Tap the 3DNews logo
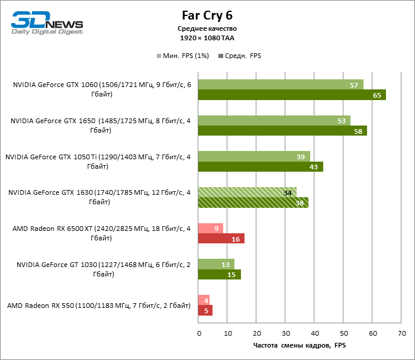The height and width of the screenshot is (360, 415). coord(47,23)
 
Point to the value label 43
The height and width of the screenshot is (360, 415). coord(313,167)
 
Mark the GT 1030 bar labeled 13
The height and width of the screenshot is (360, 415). coord(216,264)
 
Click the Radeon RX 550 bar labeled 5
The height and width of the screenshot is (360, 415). coord(205,311)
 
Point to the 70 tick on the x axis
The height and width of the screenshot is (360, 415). coord(401,333)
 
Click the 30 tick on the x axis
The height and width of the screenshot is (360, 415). coord(285,333)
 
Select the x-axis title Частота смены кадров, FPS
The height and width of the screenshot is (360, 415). coord(299,345)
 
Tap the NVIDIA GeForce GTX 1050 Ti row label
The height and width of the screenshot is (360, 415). coord(98,162)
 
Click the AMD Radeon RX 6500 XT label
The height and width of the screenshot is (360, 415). coord(98,233)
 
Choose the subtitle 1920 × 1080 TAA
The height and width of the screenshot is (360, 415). coord(207,37)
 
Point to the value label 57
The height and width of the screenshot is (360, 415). coord(354,85)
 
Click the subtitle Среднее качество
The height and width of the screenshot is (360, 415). coord(207,28)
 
